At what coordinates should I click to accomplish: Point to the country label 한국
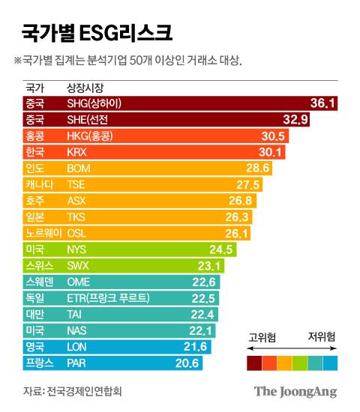(34, 151)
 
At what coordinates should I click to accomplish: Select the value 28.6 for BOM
(257, 168)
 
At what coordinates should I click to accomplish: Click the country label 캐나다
(39, 184)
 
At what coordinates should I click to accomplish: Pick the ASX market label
(76, 201)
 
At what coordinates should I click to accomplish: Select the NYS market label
(77, 249)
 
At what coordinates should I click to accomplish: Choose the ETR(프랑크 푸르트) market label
(108, 298)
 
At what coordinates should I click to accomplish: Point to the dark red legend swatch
(254, 363)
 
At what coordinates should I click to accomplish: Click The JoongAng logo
(295, 391)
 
